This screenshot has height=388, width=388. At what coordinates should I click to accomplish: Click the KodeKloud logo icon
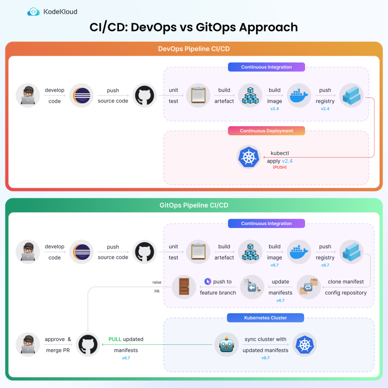(34, 12)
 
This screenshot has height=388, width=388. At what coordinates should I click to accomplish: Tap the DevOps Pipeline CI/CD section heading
(194, 48)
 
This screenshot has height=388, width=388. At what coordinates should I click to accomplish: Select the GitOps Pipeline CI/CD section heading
(194, 205)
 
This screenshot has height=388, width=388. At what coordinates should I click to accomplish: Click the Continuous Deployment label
(266, 131)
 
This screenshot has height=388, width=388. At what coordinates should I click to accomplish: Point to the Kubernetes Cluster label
(266, 318)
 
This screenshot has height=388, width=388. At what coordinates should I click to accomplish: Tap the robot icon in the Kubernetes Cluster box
(226, 345)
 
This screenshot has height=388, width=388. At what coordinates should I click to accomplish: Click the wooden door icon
(184, 287)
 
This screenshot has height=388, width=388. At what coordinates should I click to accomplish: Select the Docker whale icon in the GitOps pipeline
(300, 252)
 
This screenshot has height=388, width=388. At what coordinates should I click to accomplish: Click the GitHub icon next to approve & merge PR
(88, 345)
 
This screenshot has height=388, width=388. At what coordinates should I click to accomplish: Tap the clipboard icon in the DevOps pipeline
(197, 95)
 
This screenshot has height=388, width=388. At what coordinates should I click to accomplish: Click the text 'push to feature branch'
(218, 287)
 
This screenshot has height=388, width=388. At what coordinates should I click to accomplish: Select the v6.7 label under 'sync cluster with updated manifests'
(266, 357)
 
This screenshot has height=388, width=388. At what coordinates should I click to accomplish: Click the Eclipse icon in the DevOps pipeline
(81, 95)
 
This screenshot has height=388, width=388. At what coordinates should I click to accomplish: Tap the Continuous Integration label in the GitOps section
(266, 224)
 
